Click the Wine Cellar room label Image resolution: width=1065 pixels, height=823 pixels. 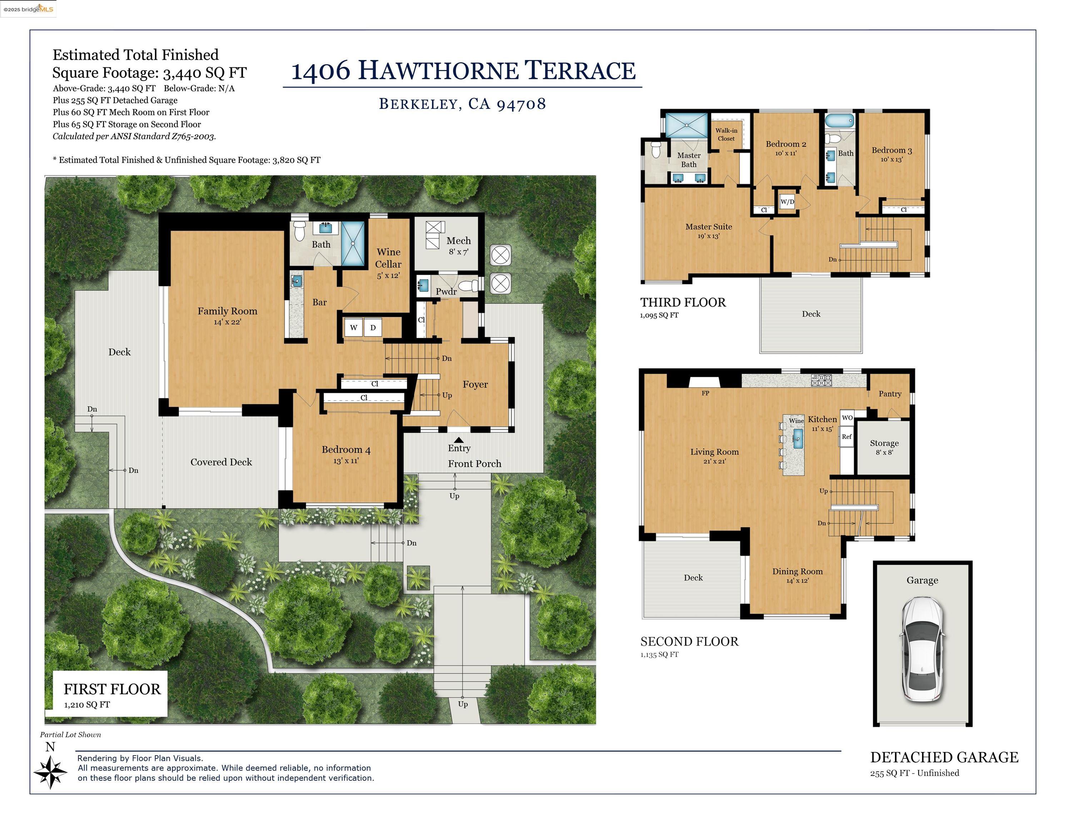tap(388, 258)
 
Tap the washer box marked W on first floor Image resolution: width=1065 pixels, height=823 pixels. tap(354, 328)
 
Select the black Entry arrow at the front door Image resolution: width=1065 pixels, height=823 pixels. tap(458, 440)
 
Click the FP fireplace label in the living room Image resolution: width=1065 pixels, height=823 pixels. tap(705, 393)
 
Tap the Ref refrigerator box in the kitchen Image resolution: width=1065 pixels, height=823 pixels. tap(847, 437)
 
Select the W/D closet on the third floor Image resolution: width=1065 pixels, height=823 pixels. tap(787, 201)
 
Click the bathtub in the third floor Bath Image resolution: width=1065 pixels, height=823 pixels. tap(840, 120)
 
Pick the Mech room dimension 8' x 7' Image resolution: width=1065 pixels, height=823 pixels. tap(458, 252)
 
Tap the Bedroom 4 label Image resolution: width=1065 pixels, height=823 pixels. tap(346, 449)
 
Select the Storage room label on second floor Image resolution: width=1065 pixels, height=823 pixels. tap(884, 443)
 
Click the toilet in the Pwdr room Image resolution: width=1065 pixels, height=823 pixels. tap(468, 285)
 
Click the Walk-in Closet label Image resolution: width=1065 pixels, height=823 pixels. tap(726, 134)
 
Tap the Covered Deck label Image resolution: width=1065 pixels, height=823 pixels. tap(221, 462)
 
